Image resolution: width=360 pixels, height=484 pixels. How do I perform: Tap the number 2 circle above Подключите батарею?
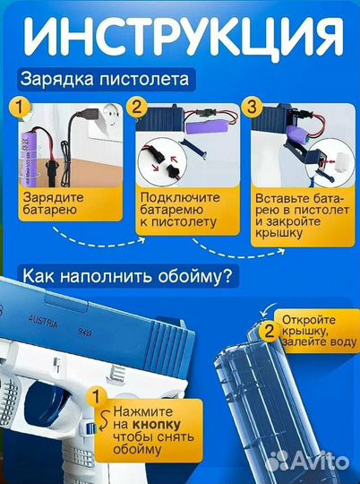click(x=136, y=108)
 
